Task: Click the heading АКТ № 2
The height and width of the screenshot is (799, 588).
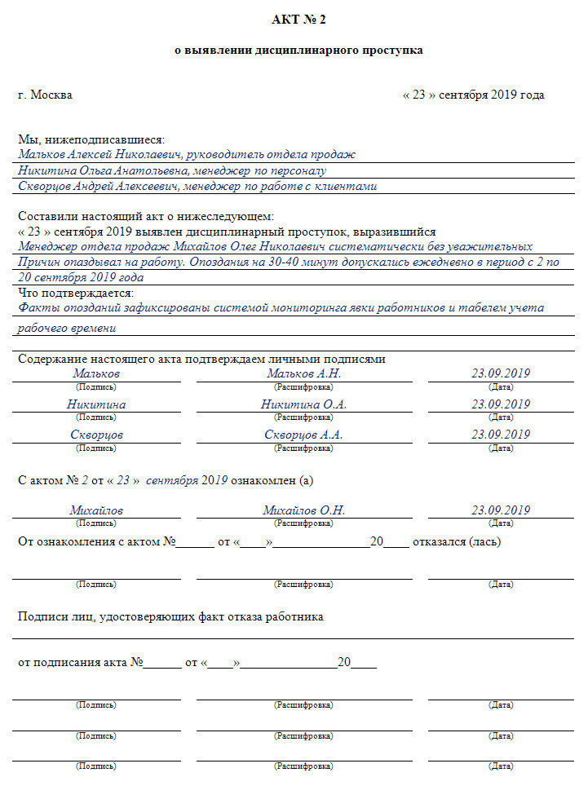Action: point(299,19)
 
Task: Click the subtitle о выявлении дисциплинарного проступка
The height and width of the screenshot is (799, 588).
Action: point(299,51)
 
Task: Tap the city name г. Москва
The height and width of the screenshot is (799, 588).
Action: point(45,95)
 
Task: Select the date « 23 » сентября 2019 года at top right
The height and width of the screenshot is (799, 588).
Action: point(473,95)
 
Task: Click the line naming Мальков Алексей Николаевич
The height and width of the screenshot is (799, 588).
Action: point(187,155)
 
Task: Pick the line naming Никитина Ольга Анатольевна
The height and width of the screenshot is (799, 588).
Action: point(172,171)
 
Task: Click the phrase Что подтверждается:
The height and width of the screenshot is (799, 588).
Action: point(76,293)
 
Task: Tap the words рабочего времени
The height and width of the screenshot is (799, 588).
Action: point(67,329)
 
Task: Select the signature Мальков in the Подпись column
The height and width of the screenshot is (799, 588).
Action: point(96,373)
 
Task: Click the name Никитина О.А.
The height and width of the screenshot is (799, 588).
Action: point(303,404)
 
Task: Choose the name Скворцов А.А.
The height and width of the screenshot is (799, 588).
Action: point(303,435)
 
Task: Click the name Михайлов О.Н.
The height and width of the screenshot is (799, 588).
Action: point(303,510)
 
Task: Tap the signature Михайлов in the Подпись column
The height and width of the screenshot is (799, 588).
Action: point(96,510)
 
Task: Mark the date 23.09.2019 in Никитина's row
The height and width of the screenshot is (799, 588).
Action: point(501,404)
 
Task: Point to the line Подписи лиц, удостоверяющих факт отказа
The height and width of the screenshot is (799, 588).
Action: point(170,617)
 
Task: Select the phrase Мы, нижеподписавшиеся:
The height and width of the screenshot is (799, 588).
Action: point(91,139)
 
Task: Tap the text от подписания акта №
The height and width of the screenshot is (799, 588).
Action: point(81,663)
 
